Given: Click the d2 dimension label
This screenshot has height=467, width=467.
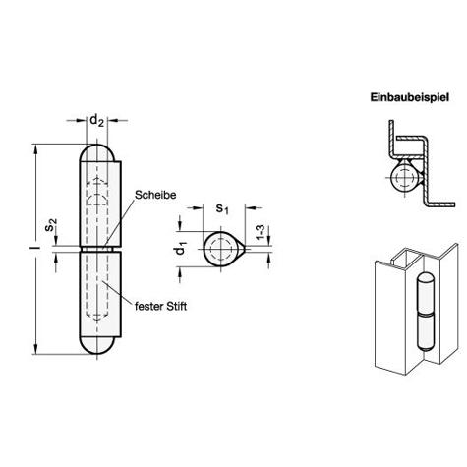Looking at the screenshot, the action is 96,121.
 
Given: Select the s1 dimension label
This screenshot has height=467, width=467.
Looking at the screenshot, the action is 222,208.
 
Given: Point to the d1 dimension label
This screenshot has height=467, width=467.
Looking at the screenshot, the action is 181,248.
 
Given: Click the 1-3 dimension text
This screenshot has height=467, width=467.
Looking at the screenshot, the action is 260,232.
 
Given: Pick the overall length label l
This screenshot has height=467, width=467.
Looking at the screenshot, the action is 38,248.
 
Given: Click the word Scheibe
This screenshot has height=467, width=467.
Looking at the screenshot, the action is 155,195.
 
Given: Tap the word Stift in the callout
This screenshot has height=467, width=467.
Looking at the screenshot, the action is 177,307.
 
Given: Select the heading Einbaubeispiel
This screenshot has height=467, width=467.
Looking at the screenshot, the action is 409,97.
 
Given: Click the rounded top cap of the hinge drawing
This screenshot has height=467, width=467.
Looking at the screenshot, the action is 96,152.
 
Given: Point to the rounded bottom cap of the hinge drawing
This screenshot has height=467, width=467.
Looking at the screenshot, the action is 96,345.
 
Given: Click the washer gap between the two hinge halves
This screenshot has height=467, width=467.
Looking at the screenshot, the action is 97,249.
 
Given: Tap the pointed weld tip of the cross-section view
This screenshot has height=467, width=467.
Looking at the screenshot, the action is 244,249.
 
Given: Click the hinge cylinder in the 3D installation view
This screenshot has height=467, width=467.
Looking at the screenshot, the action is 426,312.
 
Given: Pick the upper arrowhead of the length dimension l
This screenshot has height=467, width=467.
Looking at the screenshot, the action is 35,147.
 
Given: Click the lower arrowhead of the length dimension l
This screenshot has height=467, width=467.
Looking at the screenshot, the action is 35,350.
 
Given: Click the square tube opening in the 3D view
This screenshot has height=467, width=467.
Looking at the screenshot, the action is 406,256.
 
